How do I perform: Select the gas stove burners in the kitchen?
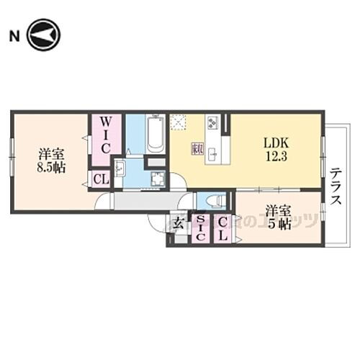coord(213,123)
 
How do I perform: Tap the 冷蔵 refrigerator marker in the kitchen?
coord(197,149)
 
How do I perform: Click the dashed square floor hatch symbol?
coord(178,122)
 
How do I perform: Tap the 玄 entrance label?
coord(177,222)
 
